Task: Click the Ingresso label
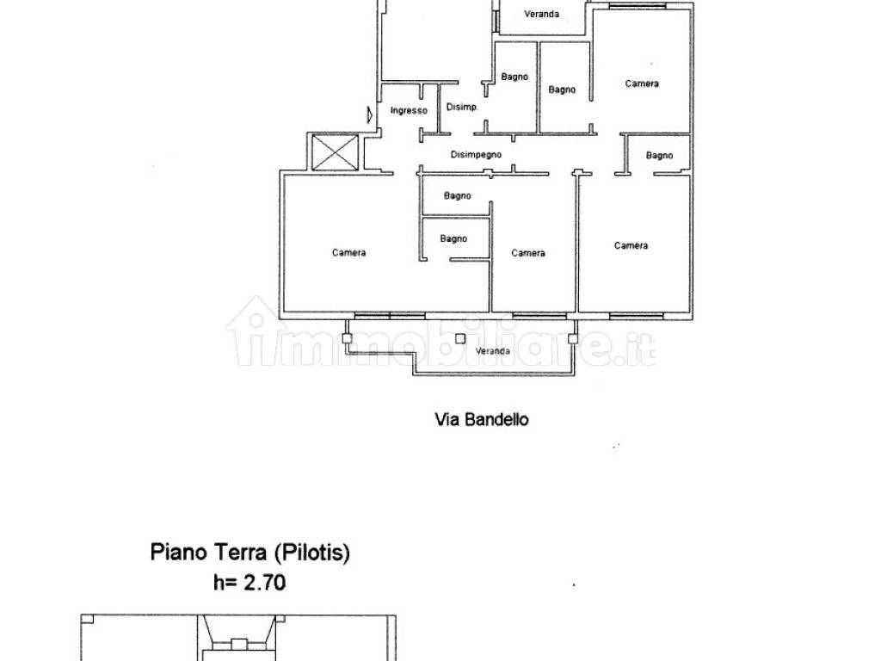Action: pos(408,111)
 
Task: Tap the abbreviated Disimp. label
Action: pos(461,108)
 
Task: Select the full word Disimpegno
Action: pos(477,155)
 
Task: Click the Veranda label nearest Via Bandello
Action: pos(493,351)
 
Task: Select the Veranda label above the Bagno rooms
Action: pos(542,14)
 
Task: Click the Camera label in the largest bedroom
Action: pos(349,252)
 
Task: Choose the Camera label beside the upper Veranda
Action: pos(642,83)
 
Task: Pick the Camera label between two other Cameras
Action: pos(528,252)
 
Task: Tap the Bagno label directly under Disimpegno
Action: pos(458,195)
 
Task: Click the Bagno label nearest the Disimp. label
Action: pos(514,77)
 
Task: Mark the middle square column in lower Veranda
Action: pos(460,338)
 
